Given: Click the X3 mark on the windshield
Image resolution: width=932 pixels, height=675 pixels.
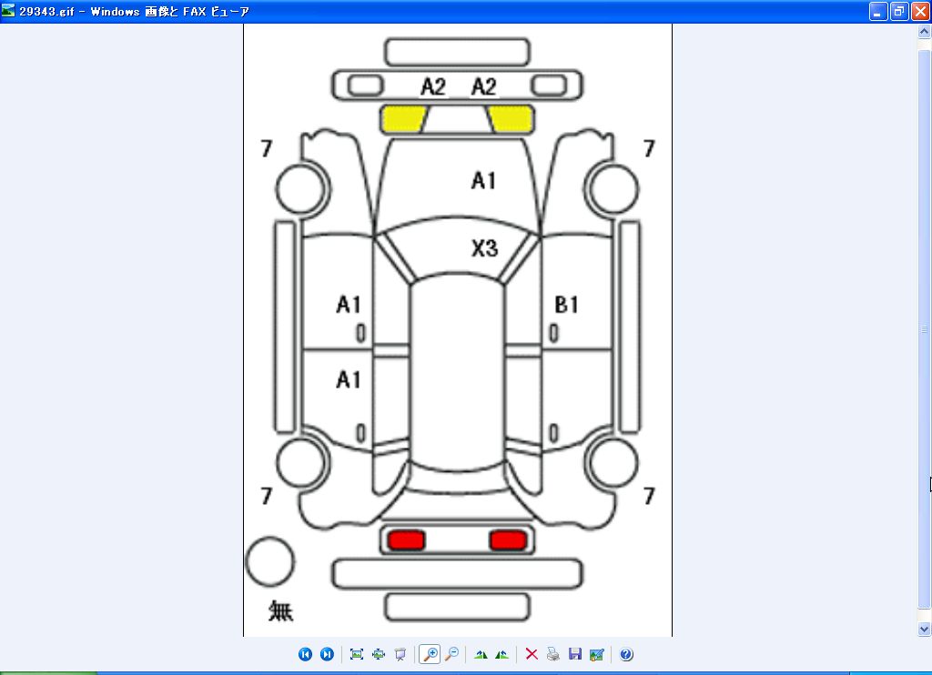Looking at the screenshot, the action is (484, 247).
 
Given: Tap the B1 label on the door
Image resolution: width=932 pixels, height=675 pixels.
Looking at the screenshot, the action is (566, 304).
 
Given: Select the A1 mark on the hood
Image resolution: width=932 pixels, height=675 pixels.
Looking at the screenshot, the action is (483, 180).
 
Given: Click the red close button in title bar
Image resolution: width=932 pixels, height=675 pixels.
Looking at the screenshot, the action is (921, 11).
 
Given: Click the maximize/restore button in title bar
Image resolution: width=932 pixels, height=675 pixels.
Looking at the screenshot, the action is (899, 11).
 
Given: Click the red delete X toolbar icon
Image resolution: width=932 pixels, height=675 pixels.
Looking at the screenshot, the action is (532, 654).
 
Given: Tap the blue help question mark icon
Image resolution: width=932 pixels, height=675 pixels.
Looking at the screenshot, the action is (626, 654).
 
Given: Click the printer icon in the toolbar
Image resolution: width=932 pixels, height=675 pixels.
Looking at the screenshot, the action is (553, 654).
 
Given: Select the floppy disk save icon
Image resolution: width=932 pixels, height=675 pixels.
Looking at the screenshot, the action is (575, 654).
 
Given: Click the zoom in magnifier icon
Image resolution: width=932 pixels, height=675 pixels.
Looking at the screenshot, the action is (430, 654).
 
